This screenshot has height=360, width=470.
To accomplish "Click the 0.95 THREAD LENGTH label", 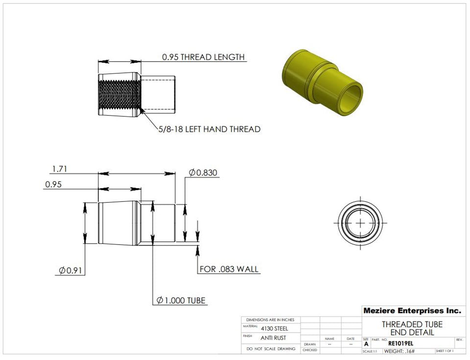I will click(x=203, y=57).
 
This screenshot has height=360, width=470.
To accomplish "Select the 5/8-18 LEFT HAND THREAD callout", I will click(x=209, y=129).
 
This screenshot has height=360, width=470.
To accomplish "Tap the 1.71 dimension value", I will click(x=59, y=169).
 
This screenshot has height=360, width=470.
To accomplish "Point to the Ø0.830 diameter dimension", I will click(x=203, y=172).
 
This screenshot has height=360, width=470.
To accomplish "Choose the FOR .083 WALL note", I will click(x=229, y=269).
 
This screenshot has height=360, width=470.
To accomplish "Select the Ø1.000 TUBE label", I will click(x=181, y=300).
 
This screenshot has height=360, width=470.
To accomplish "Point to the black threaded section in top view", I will click(x=119, y=96).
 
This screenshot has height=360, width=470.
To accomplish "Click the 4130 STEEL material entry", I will click(x=275, y=328).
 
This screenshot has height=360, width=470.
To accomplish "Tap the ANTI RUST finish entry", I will click(x=273, y=338).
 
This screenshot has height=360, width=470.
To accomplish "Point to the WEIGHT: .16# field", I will click(x=399, y=351).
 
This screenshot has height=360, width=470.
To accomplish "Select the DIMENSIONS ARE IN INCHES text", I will click(x=270, y=319).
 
